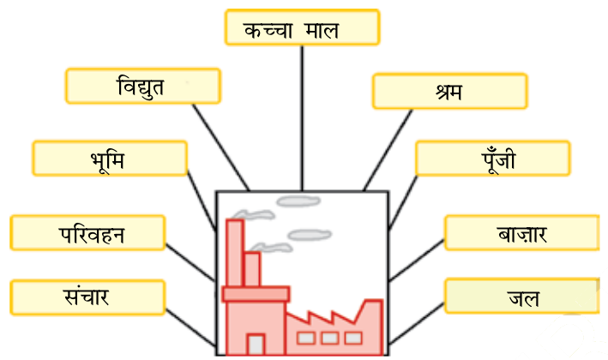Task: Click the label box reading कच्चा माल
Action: pos(301,28)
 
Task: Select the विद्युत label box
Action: pos(142,87)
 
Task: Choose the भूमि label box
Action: pos(109,159)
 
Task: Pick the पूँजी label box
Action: pos(491,159)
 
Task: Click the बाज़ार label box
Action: pos(521,233)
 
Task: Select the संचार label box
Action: pos(87,297)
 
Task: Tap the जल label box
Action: pos(521,297)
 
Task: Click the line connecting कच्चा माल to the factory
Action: pos(302,116)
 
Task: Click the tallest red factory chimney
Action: pos(234,253)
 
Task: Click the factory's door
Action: pos(256,344)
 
